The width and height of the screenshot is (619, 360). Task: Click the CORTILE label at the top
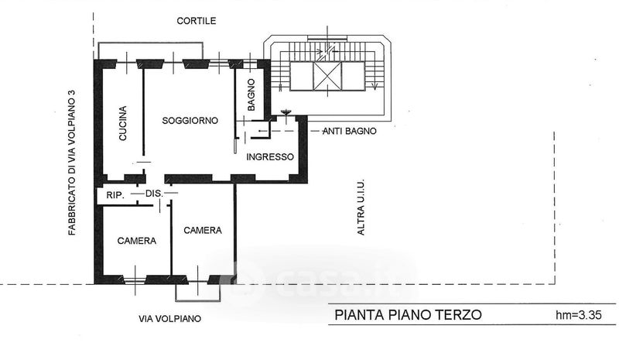pyautogui.click(x=196, y=21)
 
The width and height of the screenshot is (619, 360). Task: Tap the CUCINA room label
pyautogui.click(x=123, y=123)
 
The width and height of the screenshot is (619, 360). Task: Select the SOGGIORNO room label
pyautogui.click(x=190, y=121)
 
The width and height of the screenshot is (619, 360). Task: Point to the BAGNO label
pyautogui.click(x=251, y=94)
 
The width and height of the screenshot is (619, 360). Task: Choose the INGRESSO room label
pyautogui.click(x=269, y=157)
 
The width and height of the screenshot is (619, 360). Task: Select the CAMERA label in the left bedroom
pyautogui.click(x=137, y=241)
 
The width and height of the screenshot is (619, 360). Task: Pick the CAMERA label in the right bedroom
pyautogui.click(x=203, y=230)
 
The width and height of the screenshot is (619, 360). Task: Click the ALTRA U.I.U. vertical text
pyautogui.click(x=361, y=208)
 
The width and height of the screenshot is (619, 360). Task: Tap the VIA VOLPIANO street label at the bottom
pyautogui.click(x=169, y=318)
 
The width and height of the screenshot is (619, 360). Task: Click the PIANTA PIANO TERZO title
pyautogui.click(x=408, y=314)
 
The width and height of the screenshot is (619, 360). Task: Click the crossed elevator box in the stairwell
pyautogui.click(x=326, y=77)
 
